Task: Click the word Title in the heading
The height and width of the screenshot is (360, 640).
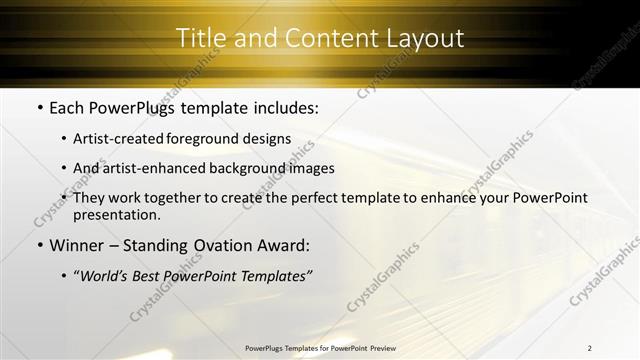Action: pyautogui.click(x=198, y=39)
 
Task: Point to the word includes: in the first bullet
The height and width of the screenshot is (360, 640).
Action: pyautogui.click(x=284, y=106)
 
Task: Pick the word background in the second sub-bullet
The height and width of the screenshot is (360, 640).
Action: pyautogui.click(x=259, y=168)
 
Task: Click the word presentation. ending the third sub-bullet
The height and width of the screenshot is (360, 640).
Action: pyautogui.click(x=117, y=215)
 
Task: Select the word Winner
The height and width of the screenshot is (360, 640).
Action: pyautogui.click(x=76, y=245)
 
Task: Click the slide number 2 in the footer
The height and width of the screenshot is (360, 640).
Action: pyautogui.click(x=589, y=348)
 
